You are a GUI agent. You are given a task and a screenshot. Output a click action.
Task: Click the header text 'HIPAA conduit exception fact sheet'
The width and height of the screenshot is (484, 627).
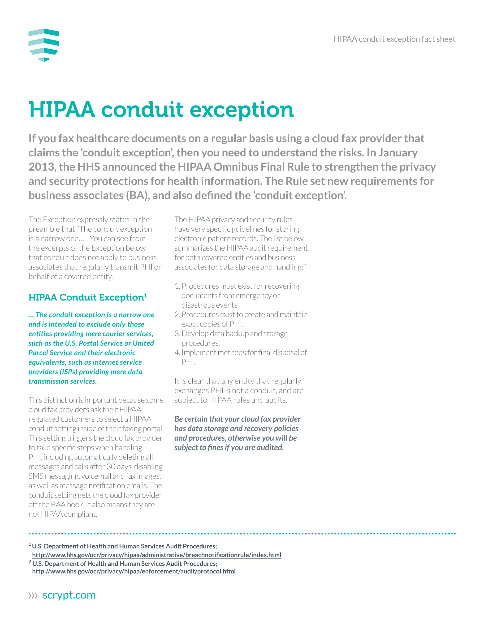394,39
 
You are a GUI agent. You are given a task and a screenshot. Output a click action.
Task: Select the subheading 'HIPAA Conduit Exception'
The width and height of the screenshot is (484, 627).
86,297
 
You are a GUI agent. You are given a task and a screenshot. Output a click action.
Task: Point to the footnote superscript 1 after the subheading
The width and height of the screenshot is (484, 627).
146,295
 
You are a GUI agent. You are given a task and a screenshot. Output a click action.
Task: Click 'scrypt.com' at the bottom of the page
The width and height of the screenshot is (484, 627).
69,595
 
